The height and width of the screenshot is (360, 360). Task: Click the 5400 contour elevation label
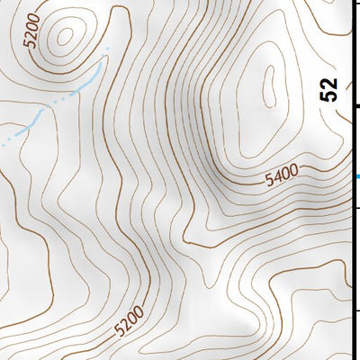283,176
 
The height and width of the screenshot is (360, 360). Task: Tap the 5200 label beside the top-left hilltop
33,31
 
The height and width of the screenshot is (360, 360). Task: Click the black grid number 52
330,88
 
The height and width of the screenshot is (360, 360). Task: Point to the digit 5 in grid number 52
330,94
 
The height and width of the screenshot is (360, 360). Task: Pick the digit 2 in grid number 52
330,82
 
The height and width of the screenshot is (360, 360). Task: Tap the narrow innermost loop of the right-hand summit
268,86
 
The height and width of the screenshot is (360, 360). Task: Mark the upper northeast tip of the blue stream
107,47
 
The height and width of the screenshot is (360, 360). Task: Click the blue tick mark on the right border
356,176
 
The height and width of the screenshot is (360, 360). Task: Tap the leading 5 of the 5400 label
270,182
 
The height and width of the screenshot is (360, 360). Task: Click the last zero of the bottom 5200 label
138,313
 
